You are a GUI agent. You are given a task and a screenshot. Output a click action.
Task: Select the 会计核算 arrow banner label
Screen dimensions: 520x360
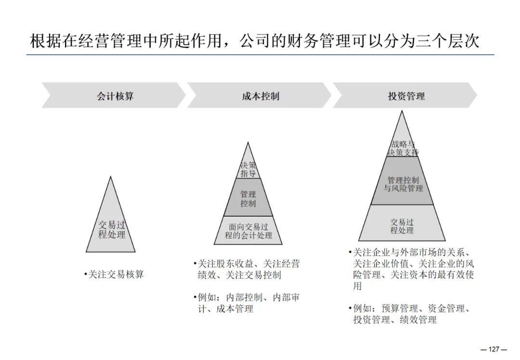click(x=115, y=96)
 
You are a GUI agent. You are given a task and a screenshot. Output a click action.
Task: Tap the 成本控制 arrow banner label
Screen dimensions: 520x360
click(x=260, y=96)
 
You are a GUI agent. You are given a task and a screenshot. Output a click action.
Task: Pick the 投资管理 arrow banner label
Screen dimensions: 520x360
click(x=406, y=96)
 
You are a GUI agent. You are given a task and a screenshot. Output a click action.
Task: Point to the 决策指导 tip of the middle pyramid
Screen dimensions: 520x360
click(x=248, y=169)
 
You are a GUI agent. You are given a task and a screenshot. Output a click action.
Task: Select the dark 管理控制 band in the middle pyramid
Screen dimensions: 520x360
click(x=248, y=199)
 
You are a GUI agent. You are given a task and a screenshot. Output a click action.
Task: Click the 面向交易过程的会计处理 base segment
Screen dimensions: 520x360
click(x=248, y=231)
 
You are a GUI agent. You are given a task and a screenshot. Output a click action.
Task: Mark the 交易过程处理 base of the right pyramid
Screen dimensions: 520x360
click(x=402, y=226)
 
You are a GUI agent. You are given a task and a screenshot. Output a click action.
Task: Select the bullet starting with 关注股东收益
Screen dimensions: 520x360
click(x=248, y=270)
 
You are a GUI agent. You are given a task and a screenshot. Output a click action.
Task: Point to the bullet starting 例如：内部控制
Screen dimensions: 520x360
click(x=248, y=303)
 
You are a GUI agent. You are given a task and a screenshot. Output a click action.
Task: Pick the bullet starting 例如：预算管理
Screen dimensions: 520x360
click(x=412, y=314)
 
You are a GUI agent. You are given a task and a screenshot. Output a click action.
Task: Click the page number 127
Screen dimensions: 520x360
click(x=494, y=349)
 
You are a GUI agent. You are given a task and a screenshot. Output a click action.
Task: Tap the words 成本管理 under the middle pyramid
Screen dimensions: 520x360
click(x=234, y=309)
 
